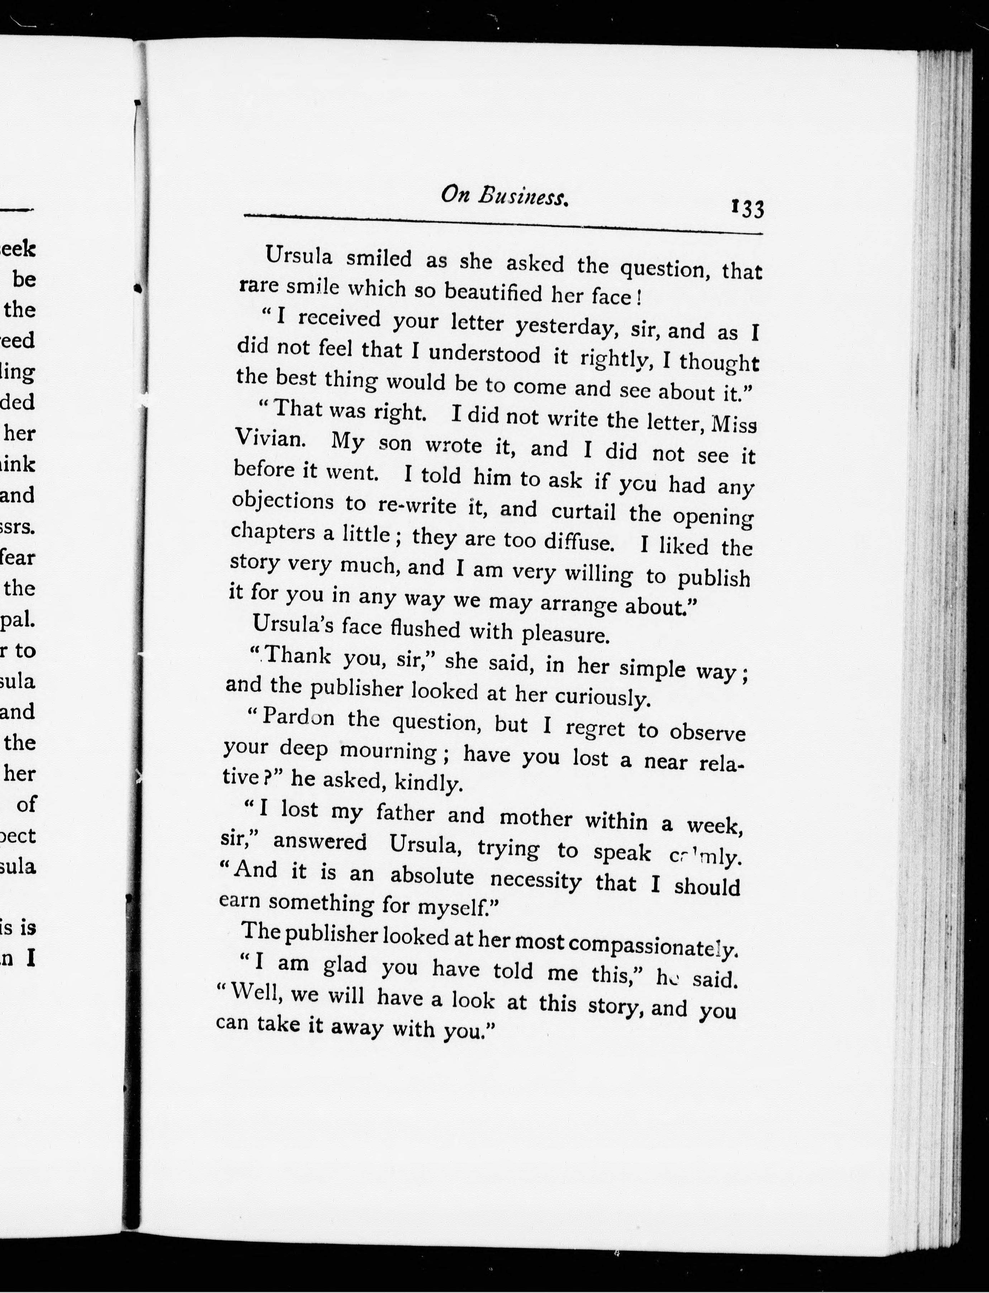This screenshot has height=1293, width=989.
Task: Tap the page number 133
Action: click(x=747, y=209)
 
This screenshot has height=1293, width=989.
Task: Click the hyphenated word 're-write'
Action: click(x=417, y=505)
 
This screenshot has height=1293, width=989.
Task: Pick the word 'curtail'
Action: click(x=583, y=510)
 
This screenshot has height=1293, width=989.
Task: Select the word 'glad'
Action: click(x=345, y=965)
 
